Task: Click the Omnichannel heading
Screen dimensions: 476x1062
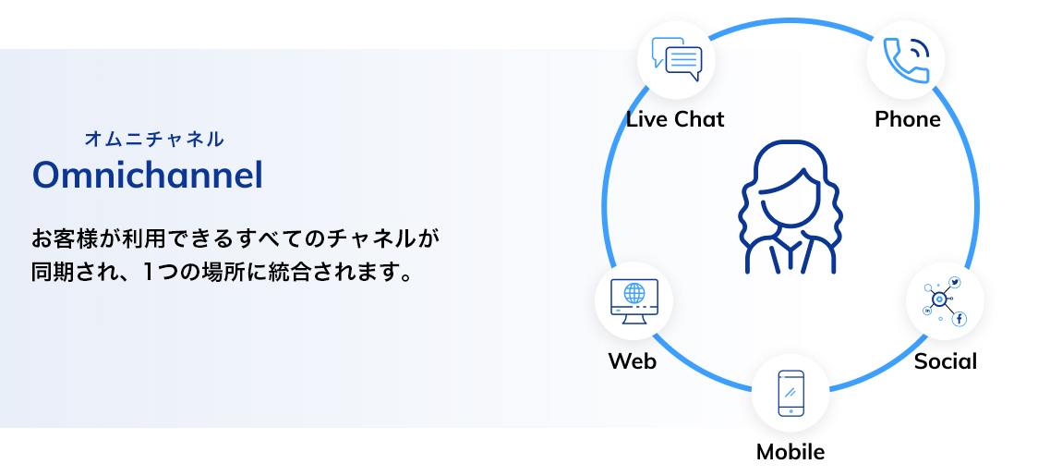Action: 147,175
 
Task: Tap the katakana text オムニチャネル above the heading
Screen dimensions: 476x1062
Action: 153,140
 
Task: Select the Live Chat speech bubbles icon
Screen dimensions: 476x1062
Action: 676,59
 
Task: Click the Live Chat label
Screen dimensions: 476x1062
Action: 675,119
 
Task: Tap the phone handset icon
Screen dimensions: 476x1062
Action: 906,60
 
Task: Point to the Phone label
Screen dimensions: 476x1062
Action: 908,119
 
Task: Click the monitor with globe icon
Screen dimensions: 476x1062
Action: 634,301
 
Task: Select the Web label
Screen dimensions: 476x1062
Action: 633,360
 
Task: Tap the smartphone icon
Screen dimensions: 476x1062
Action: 790,393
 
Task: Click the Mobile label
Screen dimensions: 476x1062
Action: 790,452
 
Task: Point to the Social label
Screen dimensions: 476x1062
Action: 946,360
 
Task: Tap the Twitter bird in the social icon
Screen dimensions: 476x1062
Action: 955,283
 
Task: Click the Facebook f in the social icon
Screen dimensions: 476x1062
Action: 959,319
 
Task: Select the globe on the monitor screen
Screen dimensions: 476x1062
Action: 634,294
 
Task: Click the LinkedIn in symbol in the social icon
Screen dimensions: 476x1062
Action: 927,311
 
